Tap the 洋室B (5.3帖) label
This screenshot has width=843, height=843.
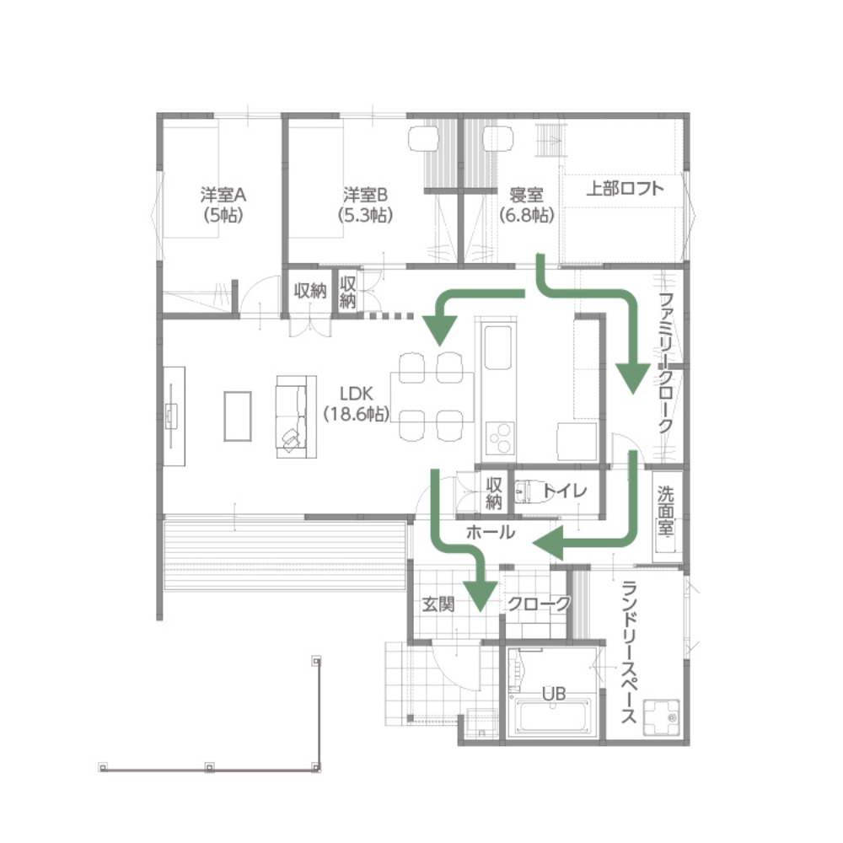coord(365,204)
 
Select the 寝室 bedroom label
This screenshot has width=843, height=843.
coord(526,194)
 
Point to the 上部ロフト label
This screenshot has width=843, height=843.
coord(625,188)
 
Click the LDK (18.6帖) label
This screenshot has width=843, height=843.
coord(356,403)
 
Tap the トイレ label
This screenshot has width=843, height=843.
coord(564,491)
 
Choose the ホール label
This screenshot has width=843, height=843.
coord(491,532)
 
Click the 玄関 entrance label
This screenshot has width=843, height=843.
coord(438,604)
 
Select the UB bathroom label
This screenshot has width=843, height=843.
coord(554,694)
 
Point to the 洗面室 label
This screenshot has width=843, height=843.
coord(666,512)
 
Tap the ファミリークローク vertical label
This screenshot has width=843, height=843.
coord(666,362)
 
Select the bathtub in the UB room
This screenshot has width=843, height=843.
coord(554,715)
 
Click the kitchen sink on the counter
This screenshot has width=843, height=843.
coord(498,347)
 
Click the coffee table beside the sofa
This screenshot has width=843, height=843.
coord(238,416)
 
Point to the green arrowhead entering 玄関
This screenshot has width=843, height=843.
coord(480,596)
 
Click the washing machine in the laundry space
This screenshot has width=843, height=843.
coord(661,717)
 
